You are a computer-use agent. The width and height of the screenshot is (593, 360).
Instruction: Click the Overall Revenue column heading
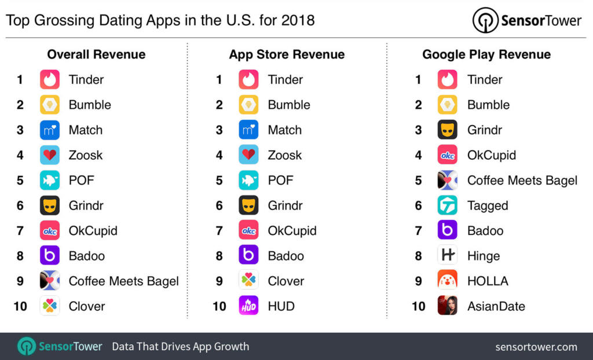(96, 54)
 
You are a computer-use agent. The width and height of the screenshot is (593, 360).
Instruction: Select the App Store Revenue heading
(287, 54)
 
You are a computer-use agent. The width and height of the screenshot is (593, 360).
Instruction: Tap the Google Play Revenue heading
(486, 54)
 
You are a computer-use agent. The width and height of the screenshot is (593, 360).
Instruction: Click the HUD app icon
(248, 306)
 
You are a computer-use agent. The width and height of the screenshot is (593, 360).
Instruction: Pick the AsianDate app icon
(447, 306)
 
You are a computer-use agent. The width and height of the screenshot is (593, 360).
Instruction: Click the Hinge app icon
(447, 255)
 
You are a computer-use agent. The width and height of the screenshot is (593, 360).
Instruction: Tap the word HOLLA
(488, 281)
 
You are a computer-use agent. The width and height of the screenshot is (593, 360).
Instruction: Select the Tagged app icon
(447, 205)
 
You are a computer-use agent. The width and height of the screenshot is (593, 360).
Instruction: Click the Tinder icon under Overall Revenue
(50, 79)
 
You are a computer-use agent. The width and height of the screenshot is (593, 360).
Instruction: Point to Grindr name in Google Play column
(485, 130)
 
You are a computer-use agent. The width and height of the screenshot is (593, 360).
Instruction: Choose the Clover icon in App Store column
(248, 281)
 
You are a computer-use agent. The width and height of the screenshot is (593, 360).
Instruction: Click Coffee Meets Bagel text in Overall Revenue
(123, 281)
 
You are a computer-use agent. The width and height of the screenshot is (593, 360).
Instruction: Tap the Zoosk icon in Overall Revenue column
(50, 155)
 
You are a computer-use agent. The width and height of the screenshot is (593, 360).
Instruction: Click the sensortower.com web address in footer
(536, 347)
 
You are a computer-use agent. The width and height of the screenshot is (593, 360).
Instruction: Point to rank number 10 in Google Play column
(418, 306)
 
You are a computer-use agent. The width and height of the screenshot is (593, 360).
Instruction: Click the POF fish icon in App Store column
(248, 180)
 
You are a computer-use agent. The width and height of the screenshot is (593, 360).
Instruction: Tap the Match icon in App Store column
(248, 130)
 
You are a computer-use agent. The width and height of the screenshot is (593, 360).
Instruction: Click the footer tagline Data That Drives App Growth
(180, 347)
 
